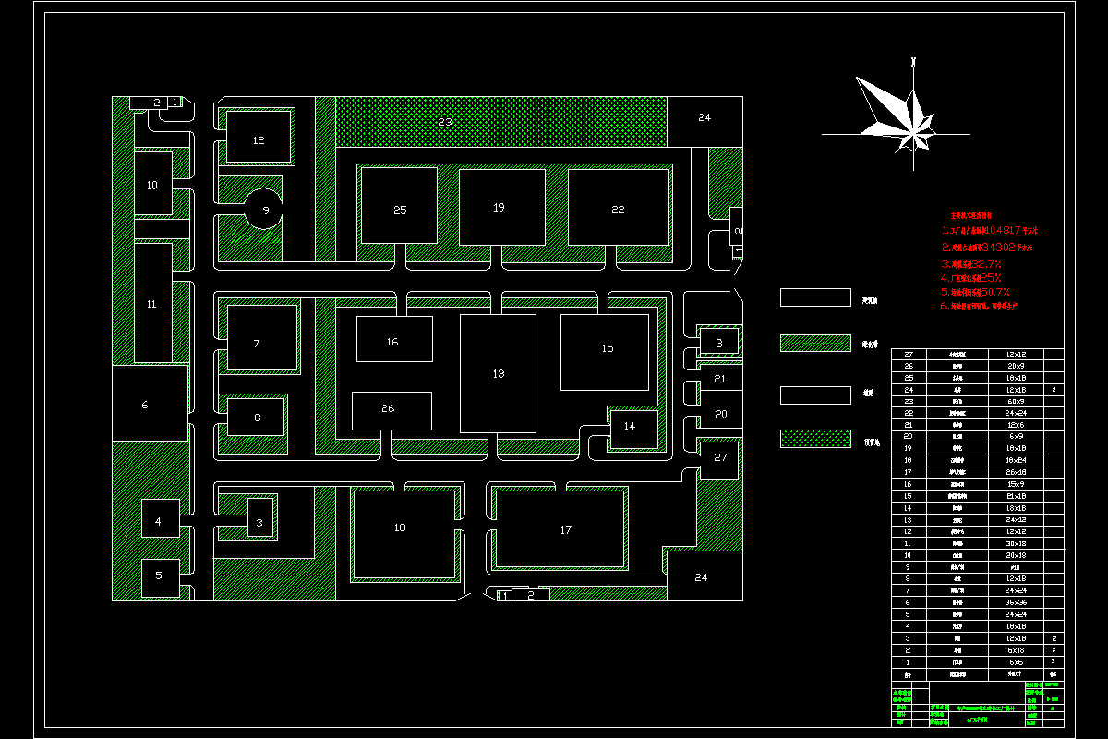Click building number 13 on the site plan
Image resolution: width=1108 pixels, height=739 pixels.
click(498, 373)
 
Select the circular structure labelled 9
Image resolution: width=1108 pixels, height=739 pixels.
click(264, 210)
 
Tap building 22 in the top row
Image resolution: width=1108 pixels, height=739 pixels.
click(618, 208)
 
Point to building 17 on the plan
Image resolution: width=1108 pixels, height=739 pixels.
click(564, 529)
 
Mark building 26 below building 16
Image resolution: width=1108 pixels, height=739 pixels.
click(391, 410)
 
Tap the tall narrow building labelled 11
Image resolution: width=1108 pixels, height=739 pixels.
click(153, 302)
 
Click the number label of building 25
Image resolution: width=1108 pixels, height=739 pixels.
click(400, 211)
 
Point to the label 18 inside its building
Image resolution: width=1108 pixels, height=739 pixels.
click(400, 527)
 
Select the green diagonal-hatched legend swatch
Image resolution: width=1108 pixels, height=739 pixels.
click(815, 343)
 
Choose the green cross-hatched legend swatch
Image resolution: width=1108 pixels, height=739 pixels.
click(815, 439)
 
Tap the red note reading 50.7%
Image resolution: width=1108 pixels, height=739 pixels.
click(983, 292)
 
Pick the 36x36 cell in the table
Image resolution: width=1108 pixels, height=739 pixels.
click(1014, 601)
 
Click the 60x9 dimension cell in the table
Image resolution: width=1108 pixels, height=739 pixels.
click(1014, 402)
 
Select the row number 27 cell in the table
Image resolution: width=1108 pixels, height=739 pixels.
click(908, 354)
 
